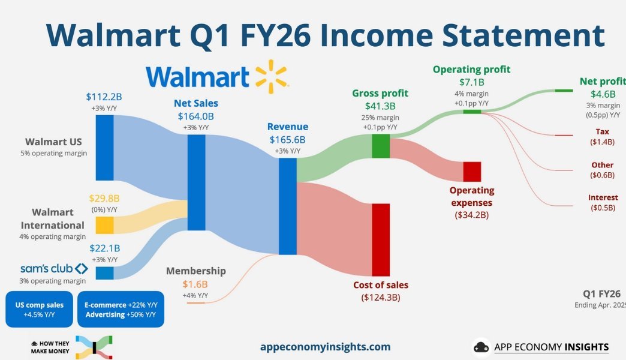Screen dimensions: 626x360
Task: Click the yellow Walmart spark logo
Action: (272, 76)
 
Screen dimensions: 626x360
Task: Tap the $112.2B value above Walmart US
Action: (104, 97)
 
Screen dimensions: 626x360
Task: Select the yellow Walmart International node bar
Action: (104, 225)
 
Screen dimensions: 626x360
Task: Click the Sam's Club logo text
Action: (46, 268)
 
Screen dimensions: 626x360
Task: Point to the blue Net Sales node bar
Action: (197, 182)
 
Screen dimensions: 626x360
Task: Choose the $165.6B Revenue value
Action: (287, 139)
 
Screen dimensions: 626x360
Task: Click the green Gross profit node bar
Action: (381, 146)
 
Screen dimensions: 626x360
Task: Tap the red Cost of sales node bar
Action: (381, 240)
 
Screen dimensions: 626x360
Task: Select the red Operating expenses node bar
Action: (472, 172)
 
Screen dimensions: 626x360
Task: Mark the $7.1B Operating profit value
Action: (471, 82)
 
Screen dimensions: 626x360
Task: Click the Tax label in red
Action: (602, 131)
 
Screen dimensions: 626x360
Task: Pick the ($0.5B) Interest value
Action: (603, 208)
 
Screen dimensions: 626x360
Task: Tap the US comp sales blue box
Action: (39, 309)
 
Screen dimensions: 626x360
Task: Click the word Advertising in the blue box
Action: (105, 314)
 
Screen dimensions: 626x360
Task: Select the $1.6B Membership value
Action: (195, 284)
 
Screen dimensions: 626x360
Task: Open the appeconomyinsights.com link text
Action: (326, 346)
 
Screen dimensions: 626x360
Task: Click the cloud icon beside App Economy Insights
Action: (481, 347)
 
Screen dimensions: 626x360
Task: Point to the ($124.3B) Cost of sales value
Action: (381, 297)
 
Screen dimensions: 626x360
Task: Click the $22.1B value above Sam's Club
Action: (104, 248)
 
